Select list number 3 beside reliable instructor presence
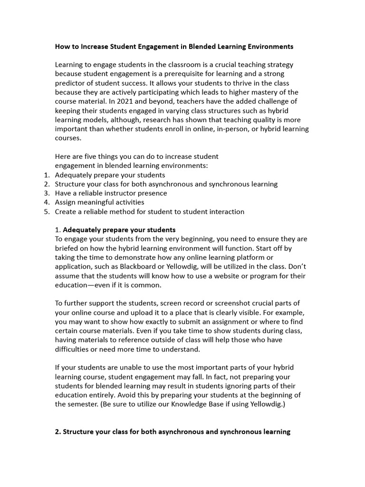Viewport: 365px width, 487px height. click(x=47, y=193)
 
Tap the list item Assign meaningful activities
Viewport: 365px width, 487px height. click(x=99, y=203)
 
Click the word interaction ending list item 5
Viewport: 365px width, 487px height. click(x=225, y=212)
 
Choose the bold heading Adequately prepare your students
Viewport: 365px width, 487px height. click(x=119, y=230)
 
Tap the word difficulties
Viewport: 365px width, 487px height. click(x=73, y=349)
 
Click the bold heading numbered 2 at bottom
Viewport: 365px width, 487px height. click(x=172, y=432)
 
